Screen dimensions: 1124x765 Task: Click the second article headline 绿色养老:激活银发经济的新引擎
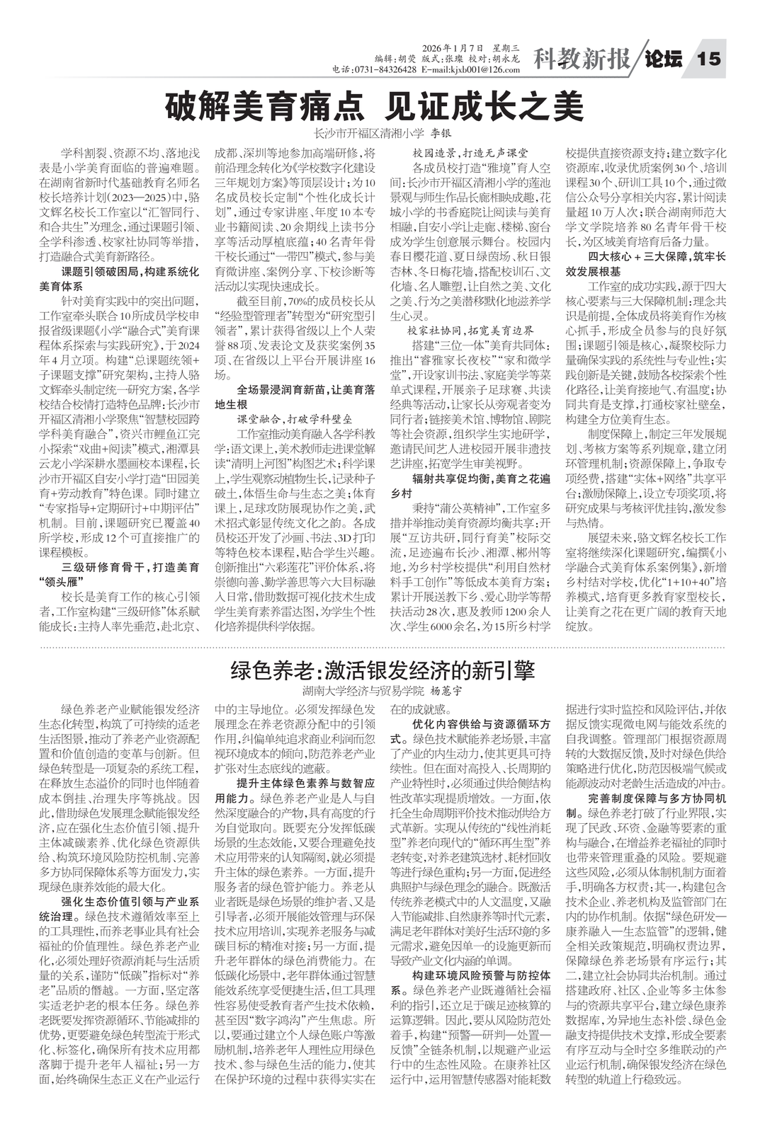(x=382, y=670)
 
